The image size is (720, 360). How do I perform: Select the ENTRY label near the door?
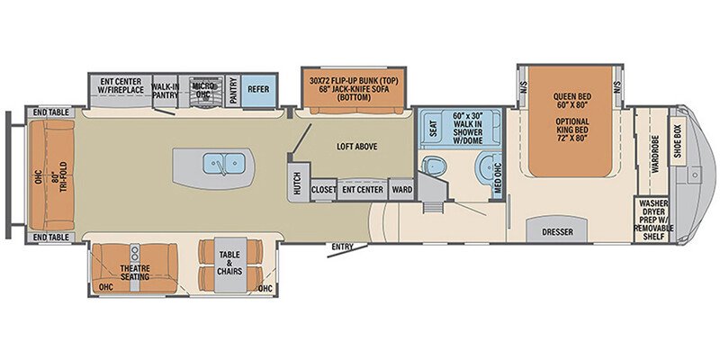tap(342, 247)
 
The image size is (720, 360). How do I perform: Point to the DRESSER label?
tap(558, 230)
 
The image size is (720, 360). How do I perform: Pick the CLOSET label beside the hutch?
tap(323, 190)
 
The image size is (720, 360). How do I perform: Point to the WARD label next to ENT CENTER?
tap(401, 190)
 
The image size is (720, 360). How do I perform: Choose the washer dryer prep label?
tap(652, 220)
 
